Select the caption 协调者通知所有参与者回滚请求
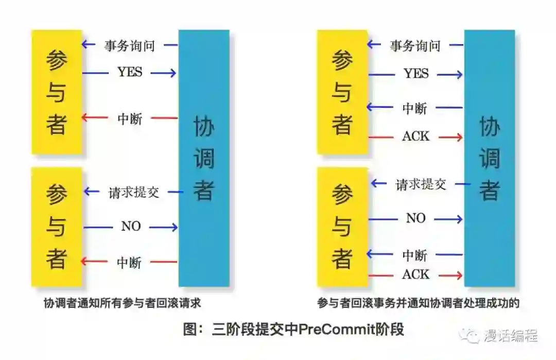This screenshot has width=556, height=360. coord(122,303)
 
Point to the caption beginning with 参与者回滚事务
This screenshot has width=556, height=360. coord(418,303)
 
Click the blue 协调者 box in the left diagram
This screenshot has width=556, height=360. coord(203,158)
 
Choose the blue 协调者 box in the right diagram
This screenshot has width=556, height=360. coord(489,158)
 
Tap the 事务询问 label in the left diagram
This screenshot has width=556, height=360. coord(130,46)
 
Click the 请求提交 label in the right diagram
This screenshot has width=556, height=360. coord(421,184)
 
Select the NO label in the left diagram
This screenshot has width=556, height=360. coord(131,227)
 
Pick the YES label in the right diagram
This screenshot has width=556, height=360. coord(416,74)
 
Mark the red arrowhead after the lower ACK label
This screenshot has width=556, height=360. coord(458,276)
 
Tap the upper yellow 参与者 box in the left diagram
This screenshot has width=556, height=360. coord(57,92)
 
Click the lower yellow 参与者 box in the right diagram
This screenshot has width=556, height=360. coord(342,227)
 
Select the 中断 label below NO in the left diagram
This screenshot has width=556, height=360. coord(129,262)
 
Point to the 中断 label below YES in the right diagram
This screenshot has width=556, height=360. coord(415,108)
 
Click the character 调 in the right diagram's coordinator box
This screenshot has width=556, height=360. coord(490,159)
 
